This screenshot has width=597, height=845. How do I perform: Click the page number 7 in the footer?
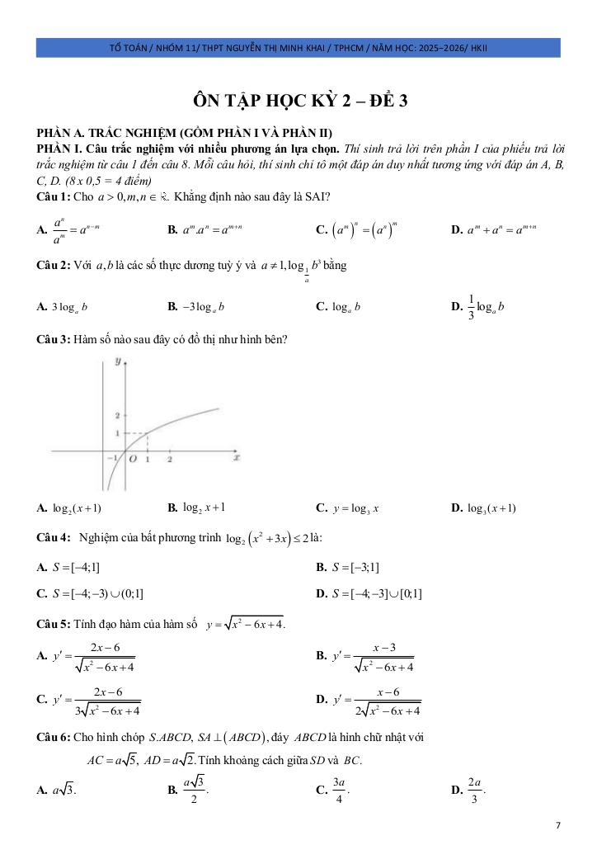pyautogui.click(x=558, y=824)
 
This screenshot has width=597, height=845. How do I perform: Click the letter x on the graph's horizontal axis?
pyautogui.click(x=237, y=456)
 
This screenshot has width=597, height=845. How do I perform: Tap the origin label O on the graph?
pyautogui.click(x=132, y=460)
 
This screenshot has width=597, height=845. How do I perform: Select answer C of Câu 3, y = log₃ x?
pyautogui.click(x=347, y=507)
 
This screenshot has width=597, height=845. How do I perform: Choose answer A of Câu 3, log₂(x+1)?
pyautogui.click(x=69, y=507)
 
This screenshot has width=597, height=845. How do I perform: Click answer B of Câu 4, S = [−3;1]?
pyautogui.click(x=347, y=567)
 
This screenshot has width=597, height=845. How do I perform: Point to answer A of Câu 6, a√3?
pyautogui.click(x=57, y=790)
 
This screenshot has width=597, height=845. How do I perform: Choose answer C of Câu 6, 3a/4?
pyautogui.click(x=334, y=790)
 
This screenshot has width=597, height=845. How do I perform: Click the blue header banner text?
pyautogui.click(x=298, y=47)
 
